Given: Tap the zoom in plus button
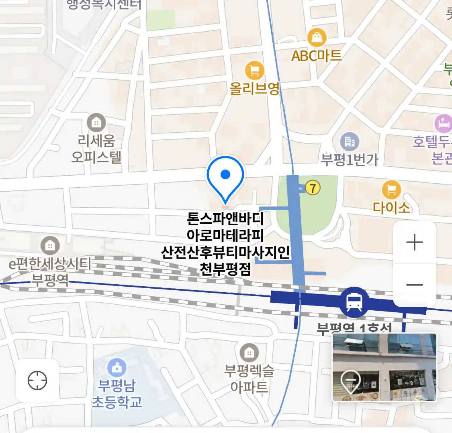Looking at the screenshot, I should (x=415, y=243).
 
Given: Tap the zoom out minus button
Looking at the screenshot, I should (x=415, y=285).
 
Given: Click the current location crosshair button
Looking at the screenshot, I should (x=37, y=380).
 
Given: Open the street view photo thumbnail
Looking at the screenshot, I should (x=385, y=367).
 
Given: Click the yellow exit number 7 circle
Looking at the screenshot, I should (x=313, y=187).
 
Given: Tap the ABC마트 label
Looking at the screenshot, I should (x=317, y=56).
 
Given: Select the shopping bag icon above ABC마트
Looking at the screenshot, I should (x=317, y=38).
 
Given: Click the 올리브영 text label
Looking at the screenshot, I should (x=254, y=88).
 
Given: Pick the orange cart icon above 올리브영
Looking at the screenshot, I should (x=254, y=71).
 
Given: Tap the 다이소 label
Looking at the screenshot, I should (x=391, y=207).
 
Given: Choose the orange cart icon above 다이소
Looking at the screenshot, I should (x=391, y=190).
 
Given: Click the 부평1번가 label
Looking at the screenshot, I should (x=350, y=160).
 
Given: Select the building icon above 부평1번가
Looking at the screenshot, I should (x=350, y=142).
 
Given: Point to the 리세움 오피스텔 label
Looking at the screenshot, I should (x=96, y=149).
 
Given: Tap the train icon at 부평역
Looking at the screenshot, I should (x=354, y=302).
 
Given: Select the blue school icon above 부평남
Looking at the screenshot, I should (x=117, y=368).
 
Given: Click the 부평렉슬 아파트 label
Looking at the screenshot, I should (x=249, y=379).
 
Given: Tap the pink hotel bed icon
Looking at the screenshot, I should (x=444, y=123).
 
